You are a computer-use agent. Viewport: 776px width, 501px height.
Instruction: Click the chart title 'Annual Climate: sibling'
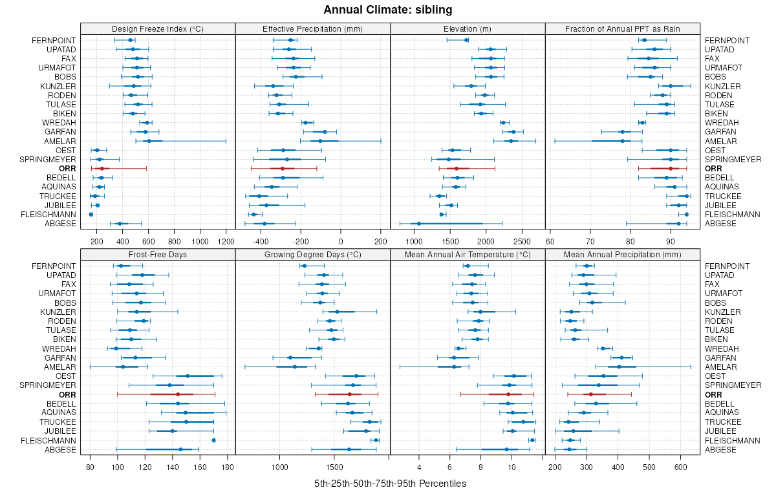[x=388, y=10]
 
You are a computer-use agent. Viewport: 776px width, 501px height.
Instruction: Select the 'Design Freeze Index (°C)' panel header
[x=158, y=28]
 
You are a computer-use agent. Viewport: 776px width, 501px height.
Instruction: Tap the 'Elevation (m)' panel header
[x=468, y=28]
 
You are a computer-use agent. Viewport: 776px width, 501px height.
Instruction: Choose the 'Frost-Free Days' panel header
[x=158, y=254]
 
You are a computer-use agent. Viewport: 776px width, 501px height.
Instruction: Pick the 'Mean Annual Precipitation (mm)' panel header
[x=623, y=254]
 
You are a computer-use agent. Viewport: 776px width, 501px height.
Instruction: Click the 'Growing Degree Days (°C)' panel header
[x=313, y=254]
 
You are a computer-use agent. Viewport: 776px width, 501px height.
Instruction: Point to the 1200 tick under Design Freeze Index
[x=226, y=242]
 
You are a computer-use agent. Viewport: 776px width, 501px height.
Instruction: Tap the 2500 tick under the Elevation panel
[x=523, y=242]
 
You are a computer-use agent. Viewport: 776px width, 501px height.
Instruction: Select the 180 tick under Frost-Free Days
[x=228, y=467]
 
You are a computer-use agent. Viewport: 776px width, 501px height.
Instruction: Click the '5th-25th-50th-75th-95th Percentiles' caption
[x=390, y=484]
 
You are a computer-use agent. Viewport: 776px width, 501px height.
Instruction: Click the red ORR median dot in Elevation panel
[x=456, y=168]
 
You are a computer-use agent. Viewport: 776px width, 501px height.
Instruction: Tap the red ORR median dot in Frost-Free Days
[x=178, y=394]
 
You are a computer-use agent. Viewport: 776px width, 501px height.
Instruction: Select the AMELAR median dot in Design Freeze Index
[x=149, y=141]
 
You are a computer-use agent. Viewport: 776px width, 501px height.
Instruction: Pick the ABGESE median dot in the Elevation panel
[x=419, y=224]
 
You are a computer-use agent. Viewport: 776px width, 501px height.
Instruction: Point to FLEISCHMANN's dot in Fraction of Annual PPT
[x=687, y=215]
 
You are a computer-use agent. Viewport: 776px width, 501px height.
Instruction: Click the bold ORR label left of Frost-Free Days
[x=67, y=394]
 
